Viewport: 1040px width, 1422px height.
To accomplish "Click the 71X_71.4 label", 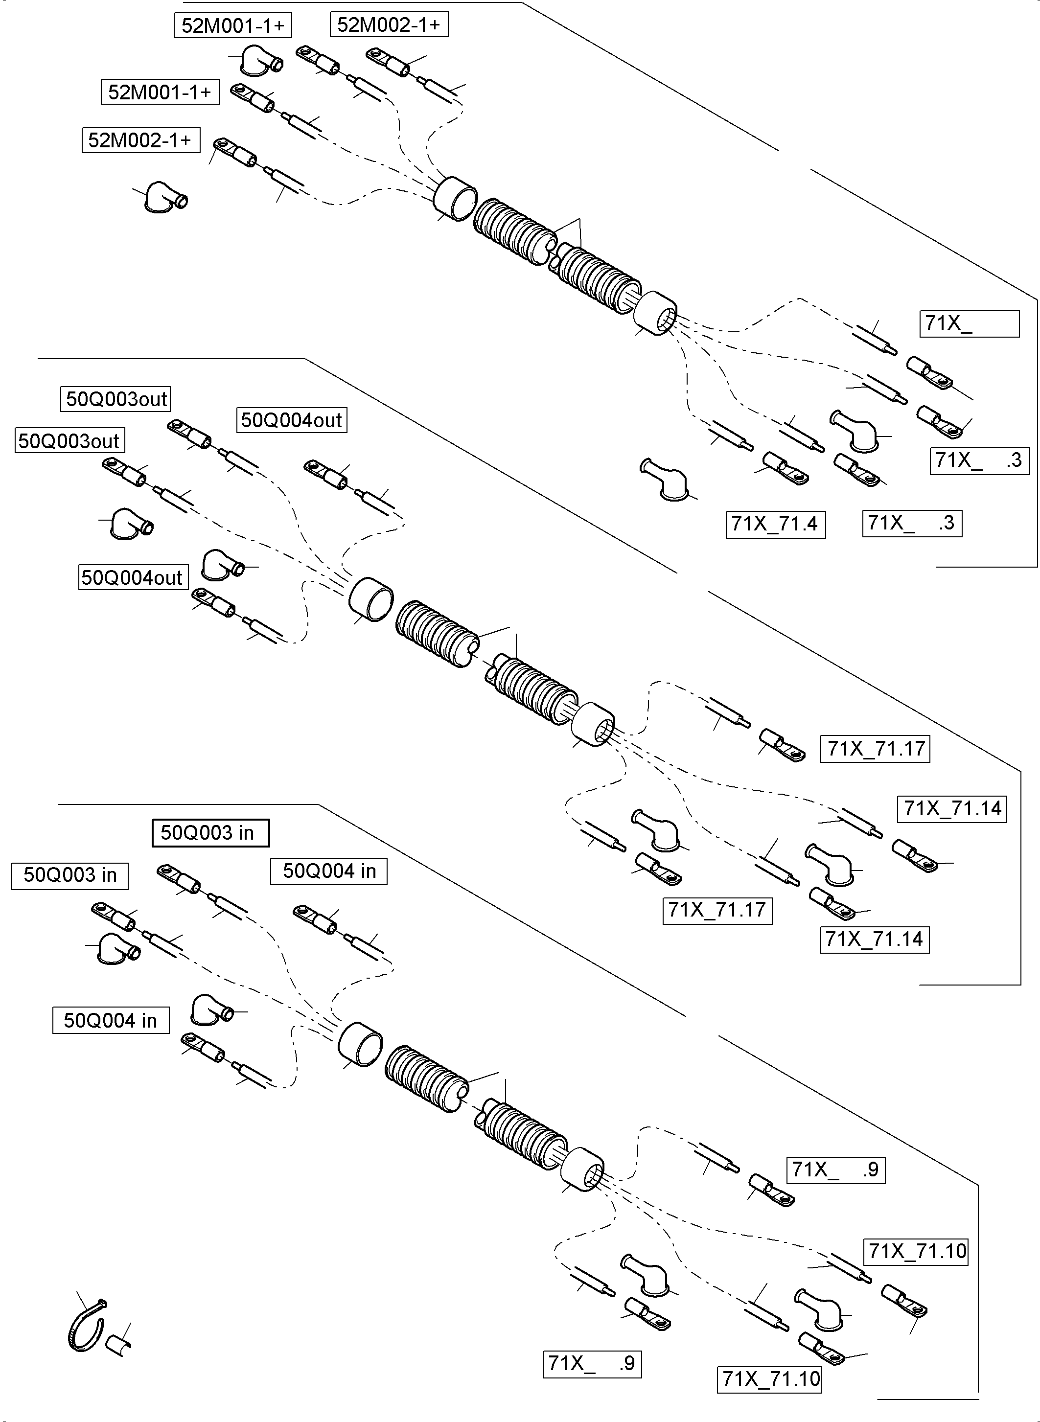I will [775, 524].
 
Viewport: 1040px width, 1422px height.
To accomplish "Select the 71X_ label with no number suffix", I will [969, 323].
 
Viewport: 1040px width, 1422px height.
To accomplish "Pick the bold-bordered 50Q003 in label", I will [210, 833].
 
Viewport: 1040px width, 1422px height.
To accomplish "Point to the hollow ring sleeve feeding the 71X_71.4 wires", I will [655, 313].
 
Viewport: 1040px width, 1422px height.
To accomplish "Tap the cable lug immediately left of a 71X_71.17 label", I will [783, 745].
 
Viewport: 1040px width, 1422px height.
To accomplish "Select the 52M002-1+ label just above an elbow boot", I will [140, 140].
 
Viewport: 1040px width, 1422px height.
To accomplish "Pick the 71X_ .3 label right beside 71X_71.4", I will [912, 523].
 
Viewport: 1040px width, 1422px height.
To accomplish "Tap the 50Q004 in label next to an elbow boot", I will [111, 1020].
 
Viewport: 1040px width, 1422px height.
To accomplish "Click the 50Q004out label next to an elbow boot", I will [133, 577].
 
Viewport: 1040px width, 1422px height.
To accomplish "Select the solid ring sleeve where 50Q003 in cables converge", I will [361, 1044].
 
